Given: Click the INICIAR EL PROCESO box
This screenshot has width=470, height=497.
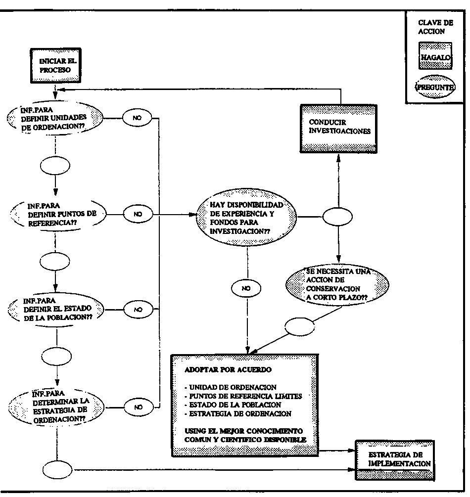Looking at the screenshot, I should pos(54,65).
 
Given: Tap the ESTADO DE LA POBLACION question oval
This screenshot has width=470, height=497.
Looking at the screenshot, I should pos(56,309).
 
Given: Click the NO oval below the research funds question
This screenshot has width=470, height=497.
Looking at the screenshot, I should pos(246,288).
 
